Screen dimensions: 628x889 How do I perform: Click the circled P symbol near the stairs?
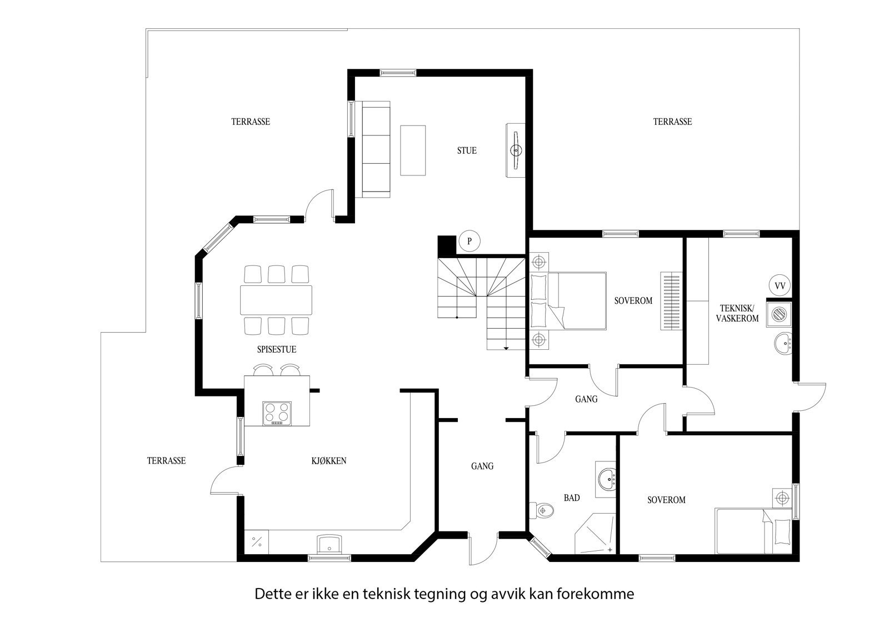[x=470, y=242]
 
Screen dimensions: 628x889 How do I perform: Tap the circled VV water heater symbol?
[x=780, y=286]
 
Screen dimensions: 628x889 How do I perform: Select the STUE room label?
[x=467, y=150]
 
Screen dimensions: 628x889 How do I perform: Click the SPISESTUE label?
[x=276, y=350]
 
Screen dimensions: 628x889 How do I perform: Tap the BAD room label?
[x=572, y=498]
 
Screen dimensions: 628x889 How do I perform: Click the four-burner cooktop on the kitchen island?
[x=277, y=413]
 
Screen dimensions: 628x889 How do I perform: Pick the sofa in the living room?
[x=376, y=149]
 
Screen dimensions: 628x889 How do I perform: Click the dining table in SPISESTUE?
[x=276, y=300]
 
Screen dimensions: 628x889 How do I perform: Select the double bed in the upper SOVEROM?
[x=568, y=300]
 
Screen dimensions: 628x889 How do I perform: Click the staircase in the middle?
[x=481, y=300]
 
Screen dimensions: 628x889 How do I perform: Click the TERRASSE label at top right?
[x=672, y=122]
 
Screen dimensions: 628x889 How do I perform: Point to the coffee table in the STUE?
[x=413, y=150]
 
